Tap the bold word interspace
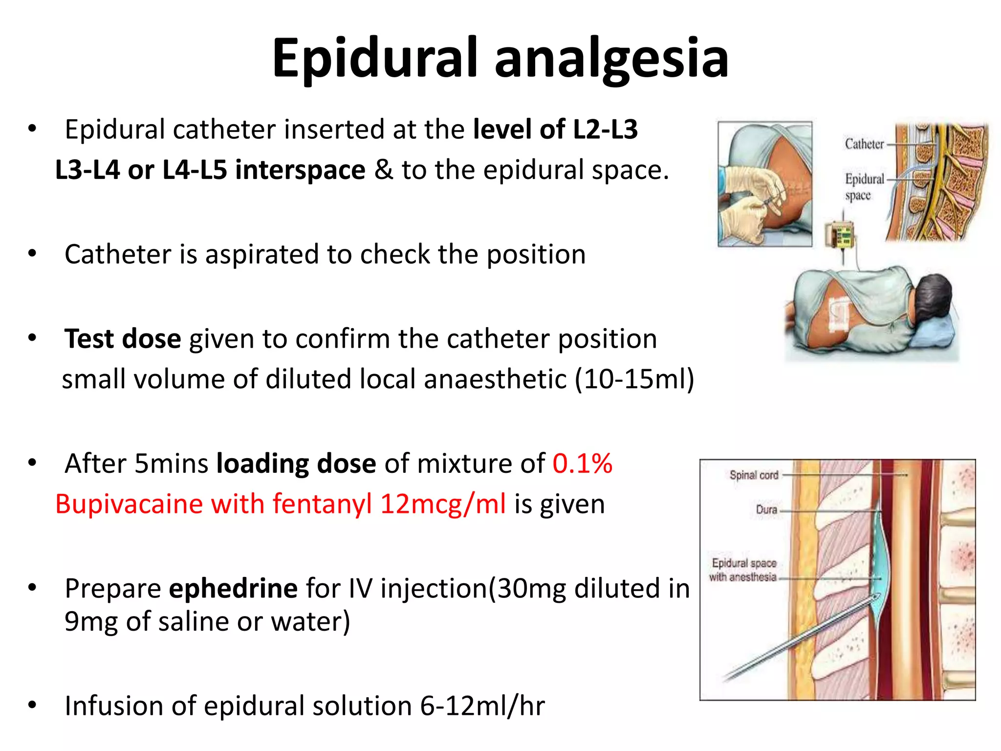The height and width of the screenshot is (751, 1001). tap(300, 170)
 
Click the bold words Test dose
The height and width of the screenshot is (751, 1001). tap(123, 339)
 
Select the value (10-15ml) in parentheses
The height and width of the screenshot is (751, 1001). tap(634, 379)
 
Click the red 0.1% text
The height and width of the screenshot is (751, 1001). tap(582, 464)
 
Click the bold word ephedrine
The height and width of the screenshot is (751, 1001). tap(233, 588)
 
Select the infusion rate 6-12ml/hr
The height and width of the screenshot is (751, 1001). tap(482, 706)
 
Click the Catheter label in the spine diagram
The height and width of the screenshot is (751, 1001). tap(864, 144)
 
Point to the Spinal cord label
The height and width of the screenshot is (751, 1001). tap(753, 475)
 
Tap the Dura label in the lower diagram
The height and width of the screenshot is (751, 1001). tap(766, 510)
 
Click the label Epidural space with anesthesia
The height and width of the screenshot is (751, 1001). tap(743, 570)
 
